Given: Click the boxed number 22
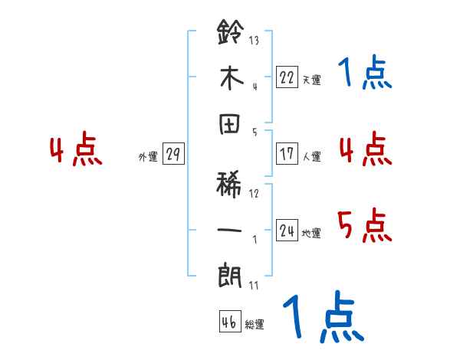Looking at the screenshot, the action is click(287, 77).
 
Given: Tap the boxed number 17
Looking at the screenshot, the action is click(287, 153).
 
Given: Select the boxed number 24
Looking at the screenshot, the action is click(287, 231).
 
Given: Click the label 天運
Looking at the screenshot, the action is click(311, 80).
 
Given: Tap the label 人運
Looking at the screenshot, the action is click(311, 156).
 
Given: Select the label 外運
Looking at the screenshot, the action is click(147, 157).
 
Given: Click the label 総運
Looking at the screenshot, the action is click(255, 325).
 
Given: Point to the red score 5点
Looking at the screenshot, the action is click(364, 225).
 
